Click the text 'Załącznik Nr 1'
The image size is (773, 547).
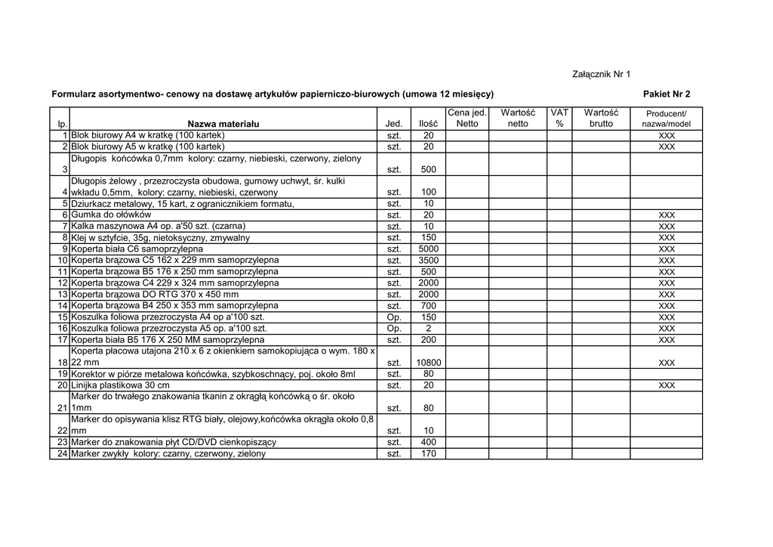pyautogui.click(x=601, y=74)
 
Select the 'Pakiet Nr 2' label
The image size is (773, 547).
pyautogui.click(x=667, y=94)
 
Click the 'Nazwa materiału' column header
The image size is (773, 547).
pyautogui.click(x=223, y=124)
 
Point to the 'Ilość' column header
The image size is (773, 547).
pyautogui.click(x=429, y=124)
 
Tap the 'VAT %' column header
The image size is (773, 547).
pyautogui.click(x=559, y=118)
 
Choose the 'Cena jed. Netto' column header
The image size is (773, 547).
pyautogui.click(x=467, y=118)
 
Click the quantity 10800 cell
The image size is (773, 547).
pyautogui.click(x=429, y=363)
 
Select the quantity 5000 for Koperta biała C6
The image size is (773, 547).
pyautogui.click(x=429, y=249)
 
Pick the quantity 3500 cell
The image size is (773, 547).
pyautogui.click(x=429, y=261)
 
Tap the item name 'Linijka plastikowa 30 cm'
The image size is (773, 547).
pyautogui.click(x=121, y=386)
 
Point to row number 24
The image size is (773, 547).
pyautogui.click(x=63, y=454)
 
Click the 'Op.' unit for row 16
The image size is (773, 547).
pyautogui.click(x=394, y=329)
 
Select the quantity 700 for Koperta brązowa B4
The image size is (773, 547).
pyautogui.click(x=429, y=306)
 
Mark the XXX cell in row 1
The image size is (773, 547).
pyautogui.click(x=666, y=135)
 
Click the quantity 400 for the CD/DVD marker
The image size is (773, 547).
pyautogui.click(x=429, y=443)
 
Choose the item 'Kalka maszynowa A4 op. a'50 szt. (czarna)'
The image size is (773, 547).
pyautogui.click(x=159, y=227)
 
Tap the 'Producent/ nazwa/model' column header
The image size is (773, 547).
pyautogui.click(x=666, y=119)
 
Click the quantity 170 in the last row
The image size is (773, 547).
pyautogui.click(x=429, y=454)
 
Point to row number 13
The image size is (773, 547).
pyautogui.click(x=63, y=295)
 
